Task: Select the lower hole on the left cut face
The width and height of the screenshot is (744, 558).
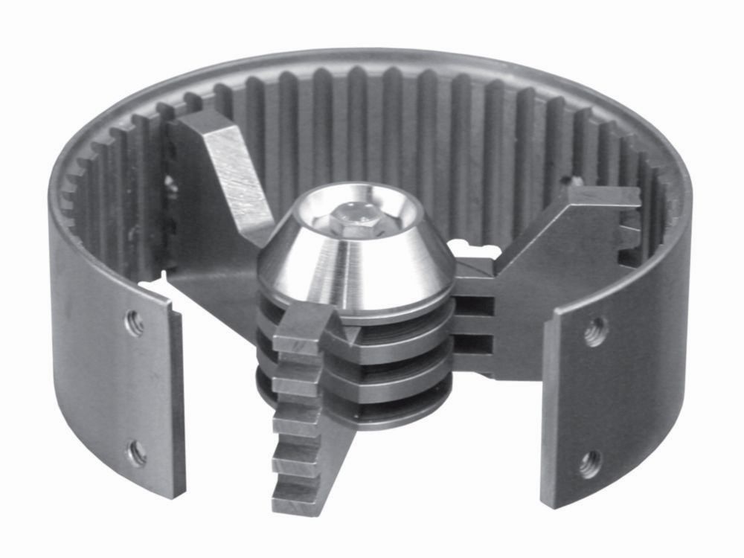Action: (136, 453)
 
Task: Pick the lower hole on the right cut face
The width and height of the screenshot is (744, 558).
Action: (590, 461)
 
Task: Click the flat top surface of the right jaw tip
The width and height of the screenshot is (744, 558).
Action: (603, 198)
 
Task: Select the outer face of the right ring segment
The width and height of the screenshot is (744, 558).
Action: (647, 357)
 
